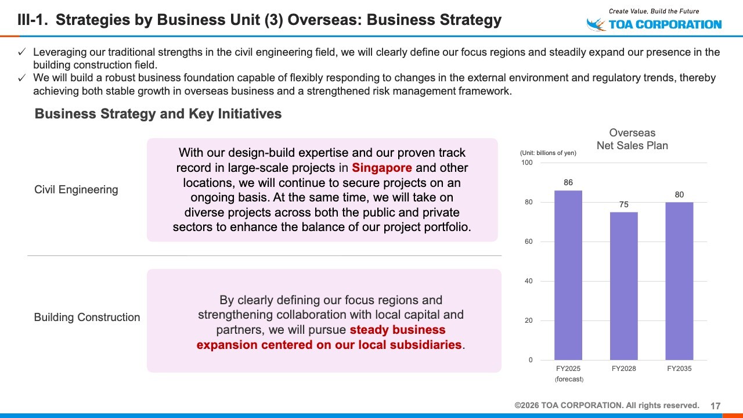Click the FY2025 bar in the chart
[568, 275]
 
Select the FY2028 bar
[623, 286]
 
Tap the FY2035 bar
[679, 281]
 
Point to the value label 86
[568, 182]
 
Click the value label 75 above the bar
[623, 204]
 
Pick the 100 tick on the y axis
[526, 163]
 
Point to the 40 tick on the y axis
[528, 281]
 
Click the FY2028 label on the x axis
[623, 369]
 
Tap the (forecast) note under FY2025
[569, 379]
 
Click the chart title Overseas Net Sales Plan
[632, 139]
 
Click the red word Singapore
[382, 168]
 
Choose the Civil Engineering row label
[76, 190]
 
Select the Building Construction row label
[87, 317]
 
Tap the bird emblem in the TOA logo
[596, 24]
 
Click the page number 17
[716, 406]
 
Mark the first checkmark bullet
[22, 52]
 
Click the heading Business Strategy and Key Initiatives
[158, 114]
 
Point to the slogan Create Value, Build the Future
[654, 11]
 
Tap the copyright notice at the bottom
[607, 405]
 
